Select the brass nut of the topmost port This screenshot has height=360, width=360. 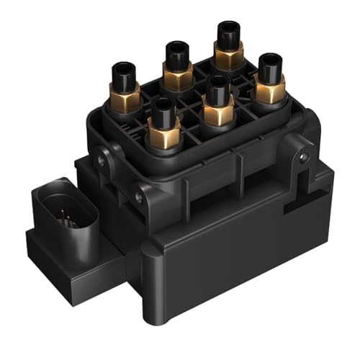229,56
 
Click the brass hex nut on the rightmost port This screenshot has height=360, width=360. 270,90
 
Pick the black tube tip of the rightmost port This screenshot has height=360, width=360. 270,68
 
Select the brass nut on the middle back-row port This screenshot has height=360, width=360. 177,74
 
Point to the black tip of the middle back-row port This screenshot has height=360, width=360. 177,53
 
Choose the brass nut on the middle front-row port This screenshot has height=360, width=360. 217,111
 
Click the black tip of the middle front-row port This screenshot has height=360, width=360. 217,89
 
